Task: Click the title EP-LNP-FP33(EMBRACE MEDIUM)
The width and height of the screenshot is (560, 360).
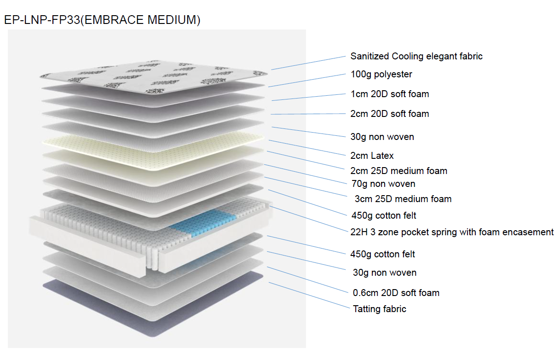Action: [x=102, y=20]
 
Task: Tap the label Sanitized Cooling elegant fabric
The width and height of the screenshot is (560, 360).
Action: [x=416, y=56]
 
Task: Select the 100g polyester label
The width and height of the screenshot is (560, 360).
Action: [x=381, y=74]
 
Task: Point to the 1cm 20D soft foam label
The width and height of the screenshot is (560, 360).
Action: [x=389, y=94]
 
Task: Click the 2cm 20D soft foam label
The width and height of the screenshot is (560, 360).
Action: [x=389, y=114]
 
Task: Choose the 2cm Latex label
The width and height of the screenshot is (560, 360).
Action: [x=372, y=156]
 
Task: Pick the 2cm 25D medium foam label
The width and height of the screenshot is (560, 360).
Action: [x=398, y=171]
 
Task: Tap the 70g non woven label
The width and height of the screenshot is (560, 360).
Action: [x=383, y=184]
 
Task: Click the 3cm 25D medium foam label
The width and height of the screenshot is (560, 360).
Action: [x=403, y=199]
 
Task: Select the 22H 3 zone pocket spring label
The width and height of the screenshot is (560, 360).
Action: [x=452, y=232]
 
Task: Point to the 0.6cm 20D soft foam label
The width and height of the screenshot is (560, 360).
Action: [x=396, y=293]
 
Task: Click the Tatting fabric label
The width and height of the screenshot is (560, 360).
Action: [x=380, y=309]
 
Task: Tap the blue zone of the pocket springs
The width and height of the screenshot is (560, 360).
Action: [x=203, y=223]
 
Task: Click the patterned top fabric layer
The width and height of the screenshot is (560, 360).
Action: [x=154, y=77]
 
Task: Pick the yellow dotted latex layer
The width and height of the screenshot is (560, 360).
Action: [x=153, y=151]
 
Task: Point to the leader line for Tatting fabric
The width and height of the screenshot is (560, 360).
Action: [x=309, y=296]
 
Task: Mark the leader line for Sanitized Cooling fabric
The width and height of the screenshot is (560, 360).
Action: [x=308, y=63]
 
